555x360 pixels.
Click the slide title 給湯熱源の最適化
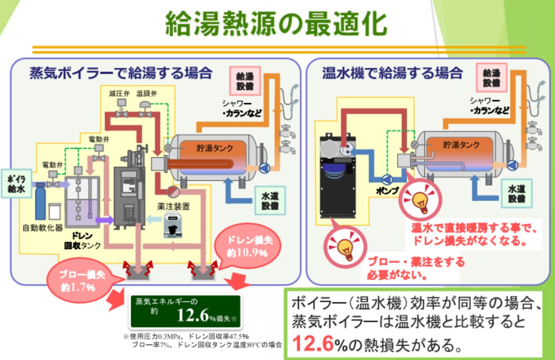pos(276,24)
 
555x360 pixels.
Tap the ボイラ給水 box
pos(16,184)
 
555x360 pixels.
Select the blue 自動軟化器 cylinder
pos(40,202)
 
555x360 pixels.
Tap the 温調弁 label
pos(146,93)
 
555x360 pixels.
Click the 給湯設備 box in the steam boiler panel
pos(245,81)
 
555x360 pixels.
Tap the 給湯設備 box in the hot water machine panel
pos(492,78)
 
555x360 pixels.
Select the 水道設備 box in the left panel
pos(270,201)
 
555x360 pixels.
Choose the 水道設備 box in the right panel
pos(517,193)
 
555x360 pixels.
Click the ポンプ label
pos(387,190)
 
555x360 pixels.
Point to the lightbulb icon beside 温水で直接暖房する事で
pos(420,200)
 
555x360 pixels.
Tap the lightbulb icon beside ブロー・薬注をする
pos(345,247)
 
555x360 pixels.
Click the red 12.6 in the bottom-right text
pos(312,343)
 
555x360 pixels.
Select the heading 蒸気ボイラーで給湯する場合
pos(121,73)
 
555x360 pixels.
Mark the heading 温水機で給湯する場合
pos(392,73)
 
